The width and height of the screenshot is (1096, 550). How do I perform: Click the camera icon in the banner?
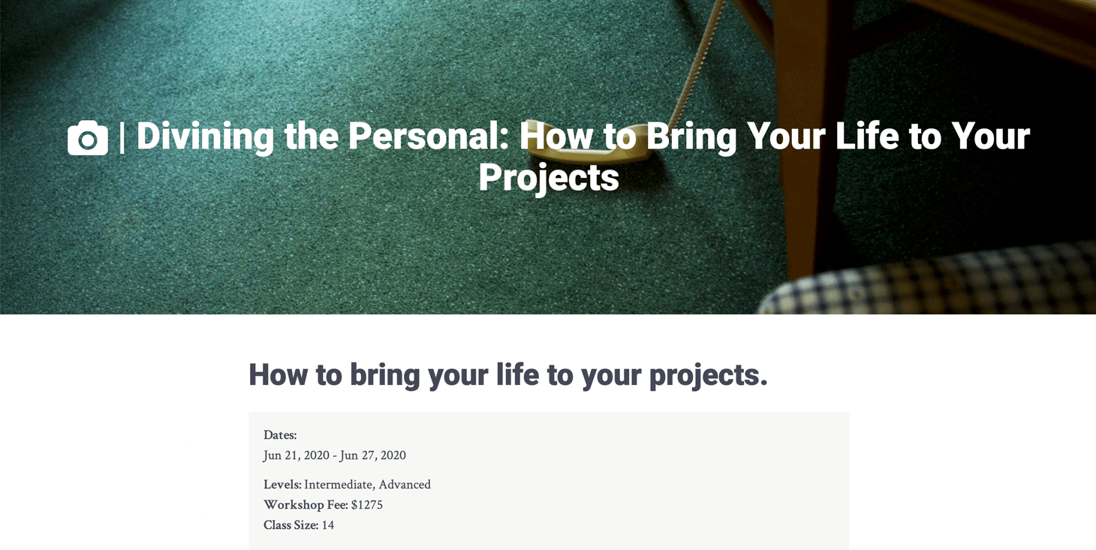pyautogui.click(x=88, y=138)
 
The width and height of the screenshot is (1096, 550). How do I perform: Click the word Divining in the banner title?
pyautogui.click(x=205, y=137)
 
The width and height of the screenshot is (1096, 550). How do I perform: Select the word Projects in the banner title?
pyautogui.click(x=549, y=178)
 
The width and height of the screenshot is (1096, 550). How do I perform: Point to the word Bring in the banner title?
pyautogui.click(x=691, y=137)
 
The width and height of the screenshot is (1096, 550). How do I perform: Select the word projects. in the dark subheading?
pyautogui.click(x=708, y=376)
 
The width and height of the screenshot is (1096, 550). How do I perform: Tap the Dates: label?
pyautogui.click(x=280, y=434)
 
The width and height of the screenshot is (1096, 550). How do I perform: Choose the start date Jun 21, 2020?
pyautogui.click(x=296, y=455)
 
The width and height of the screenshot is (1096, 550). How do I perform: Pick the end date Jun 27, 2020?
pyautogui.click(x=373, y=455)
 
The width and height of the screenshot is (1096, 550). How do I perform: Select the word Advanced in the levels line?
pyautogui.click(x=405, y=485)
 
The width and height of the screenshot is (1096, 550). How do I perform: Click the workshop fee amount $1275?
pyautogui.click(x=367, y=504)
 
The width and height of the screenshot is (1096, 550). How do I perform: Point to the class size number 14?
pyautogui.click(x=328, y=525)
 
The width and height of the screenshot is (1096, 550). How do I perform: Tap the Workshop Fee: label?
pyautogui.click(x=306, y=504)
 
